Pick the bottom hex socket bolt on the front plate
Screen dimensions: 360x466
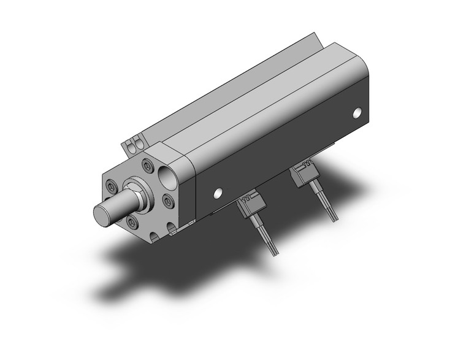[134, 221]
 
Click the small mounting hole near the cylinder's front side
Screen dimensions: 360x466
[216, 194]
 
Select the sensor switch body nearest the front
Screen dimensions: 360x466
[252, 210]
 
